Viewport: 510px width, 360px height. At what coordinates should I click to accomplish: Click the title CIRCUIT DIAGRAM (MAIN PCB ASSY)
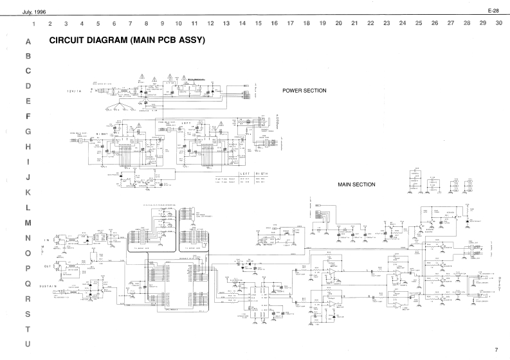click(x=127, y=40)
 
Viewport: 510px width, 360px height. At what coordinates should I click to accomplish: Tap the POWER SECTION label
click(x=304, y=91)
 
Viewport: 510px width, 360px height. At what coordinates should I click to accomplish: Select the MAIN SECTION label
click(x=356, y=184)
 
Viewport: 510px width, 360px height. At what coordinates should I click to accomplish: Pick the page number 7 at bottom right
click(x=496, y=350)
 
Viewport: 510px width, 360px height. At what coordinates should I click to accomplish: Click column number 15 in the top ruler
click(x=258, y=23)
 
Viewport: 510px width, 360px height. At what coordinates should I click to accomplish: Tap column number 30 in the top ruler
click(x=498, y=23)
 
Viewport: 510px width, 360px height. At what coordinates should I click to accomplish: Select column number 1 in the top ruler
click(x=33, y=23)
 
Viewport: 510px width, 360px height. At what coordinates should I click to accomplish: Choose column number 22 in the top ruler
click(x=370, y=23)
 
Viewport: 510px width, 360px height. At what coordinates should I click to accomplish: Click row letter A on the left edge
click(x=28, y=41)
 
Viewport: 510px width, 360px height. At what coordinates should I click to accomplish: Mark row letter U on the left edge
click(x=28, y=345)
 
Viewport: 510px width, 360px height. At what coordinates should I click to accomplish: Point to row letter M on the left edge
click(x=28, y=223)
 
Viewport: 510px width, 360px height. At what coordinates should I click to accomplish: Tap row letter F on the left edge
click(x=28, y=117)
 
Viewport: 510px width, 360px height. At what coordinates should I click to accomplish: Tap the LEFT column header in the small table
click(x=244, y=174)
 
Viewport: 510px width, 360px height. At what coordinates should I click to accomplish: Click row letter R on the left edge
click(x=28, y=299)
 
